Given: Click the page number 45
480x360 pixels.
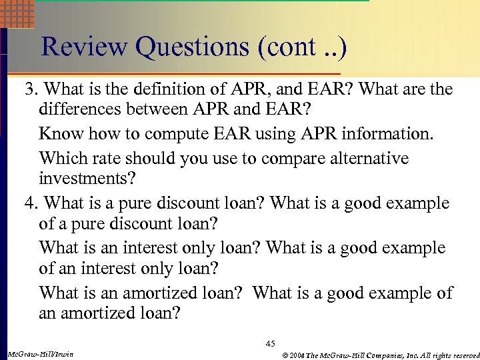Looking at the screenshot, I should (x=270, y=343).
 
